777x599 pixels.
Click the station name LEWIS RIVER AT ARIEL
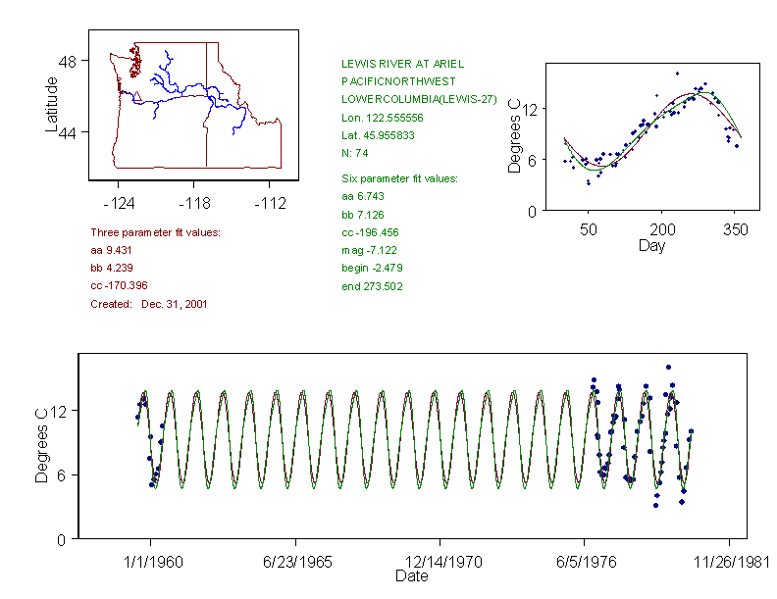pos(403,63)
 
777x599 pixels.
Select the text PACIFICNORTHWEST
pos(390,80)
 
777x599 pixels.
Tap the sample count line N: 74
pos(355,153)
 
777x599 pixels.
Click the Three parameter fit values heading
pos(155,232)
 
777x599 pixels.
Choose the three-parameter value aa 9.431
pos(109,250)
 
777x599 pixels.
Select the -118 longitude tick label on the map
pos(193,204)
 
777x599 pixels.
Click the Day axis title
pos(651,245)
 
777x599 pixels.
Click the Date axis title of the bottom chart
pos(411,576)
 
